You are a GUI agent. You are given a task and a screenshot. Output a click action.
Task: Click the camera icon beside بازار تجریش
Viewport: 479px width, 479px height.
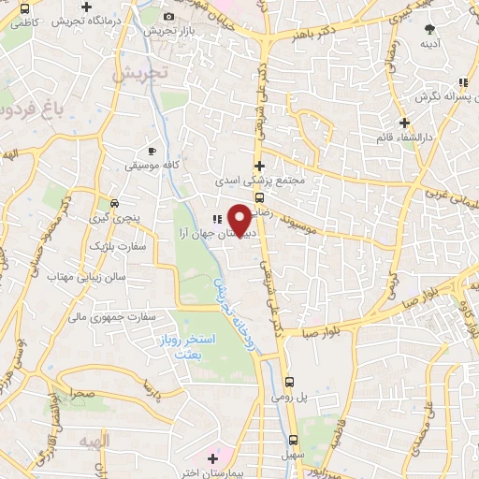pyautogui.click(x=168, y=17)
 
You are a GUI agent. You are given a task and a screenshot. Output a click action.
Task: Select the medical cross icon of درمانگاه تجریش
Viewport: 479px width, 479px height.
pyautogui.click(x=113, y=7)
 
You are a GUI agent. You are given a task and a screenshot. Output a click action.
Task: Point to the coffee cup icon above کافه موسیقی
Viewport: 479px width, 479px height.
pyautogui.click(x=152, y=151)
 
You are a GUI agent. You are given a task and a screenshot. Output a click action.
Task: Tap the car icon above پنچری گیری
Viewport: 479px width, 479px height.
pyautogui.click(x=113, y=202)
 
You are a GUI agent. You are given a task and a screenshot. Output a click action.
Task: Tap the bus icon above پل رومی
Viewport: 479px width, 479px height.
pyautogui.click(x=291, y=382)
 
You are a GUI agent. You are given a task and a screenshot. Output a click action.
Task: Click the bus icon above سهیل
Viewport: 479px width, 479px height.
pyautogui.click(x=293, y=439)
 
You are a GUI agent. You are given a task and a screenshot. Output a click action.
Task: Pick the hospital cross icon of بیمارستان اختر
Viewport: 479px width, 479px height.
pyautogui.click(x=214, y=458)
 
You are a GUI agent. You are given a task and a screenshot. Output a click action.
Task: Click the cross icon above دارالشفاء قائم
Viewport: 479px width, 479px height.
pyautogui.click(x=404, y=123)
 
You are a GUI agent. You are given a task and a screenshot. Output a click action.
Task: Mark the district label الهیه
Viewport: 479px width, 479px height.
pyautogui.click(x=95, y=439)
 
